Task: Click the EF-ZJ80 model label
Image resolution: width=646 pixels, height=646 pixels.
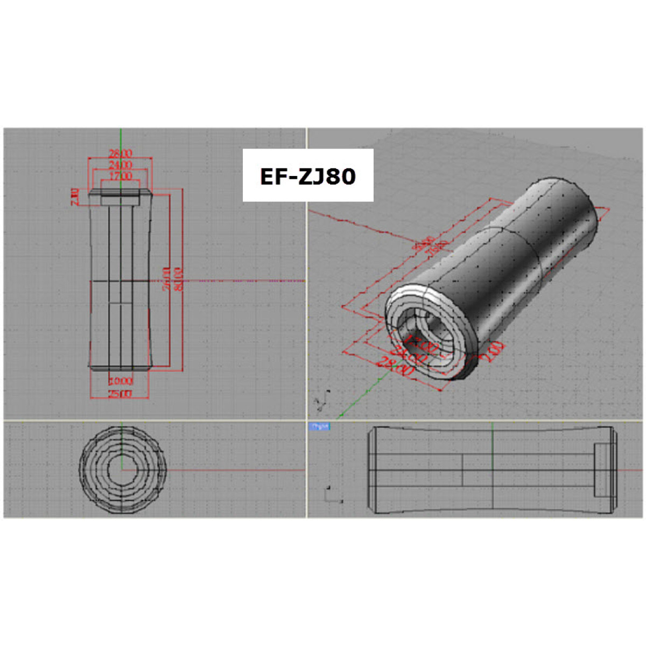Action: (x=307, y=176)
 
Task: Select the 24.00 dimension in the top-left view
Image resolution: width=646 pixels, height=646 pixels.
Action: (x=121, y=164)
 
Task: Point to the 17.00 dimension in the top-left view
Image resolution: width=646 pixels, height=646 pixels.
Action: (x=121, y=175)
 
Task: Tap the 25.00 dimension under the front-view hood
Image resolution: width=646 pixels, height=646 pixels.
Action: (x=120, y=394)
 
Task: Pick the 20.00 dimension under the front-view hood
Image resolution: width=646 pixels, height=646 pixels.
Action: (x=121, y=381)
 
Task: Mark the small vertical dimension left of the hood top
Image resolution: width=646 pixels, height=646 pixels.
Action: (x=75, y=196)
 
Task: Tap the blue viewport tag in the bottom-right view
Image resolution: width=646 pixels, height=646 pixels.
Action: (x=319, y=426)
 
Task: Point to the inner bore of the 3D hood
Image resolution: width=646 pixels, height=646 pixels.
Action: (x=425, y=336)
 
